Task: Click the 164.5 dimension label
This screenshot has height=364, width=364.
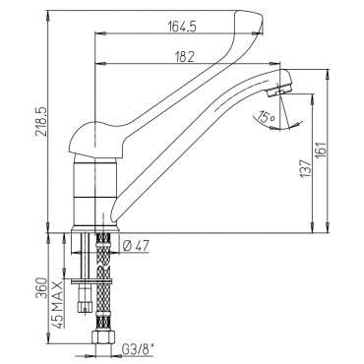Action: (182, 27)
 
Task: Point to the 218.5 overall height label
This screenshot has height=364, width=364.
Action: (41, 122)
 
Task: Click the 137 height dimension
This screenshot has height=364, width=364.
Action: (305, 169)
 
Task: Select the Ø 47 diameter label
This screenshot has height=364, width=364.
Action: (135, 245)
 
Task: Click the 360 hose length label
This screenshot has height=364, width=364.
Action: (41, 288)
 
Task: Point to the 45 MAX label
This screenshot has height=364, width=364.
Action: (57, 302)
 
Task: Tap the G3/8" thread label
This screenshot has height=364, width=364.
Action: (138, 349)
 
